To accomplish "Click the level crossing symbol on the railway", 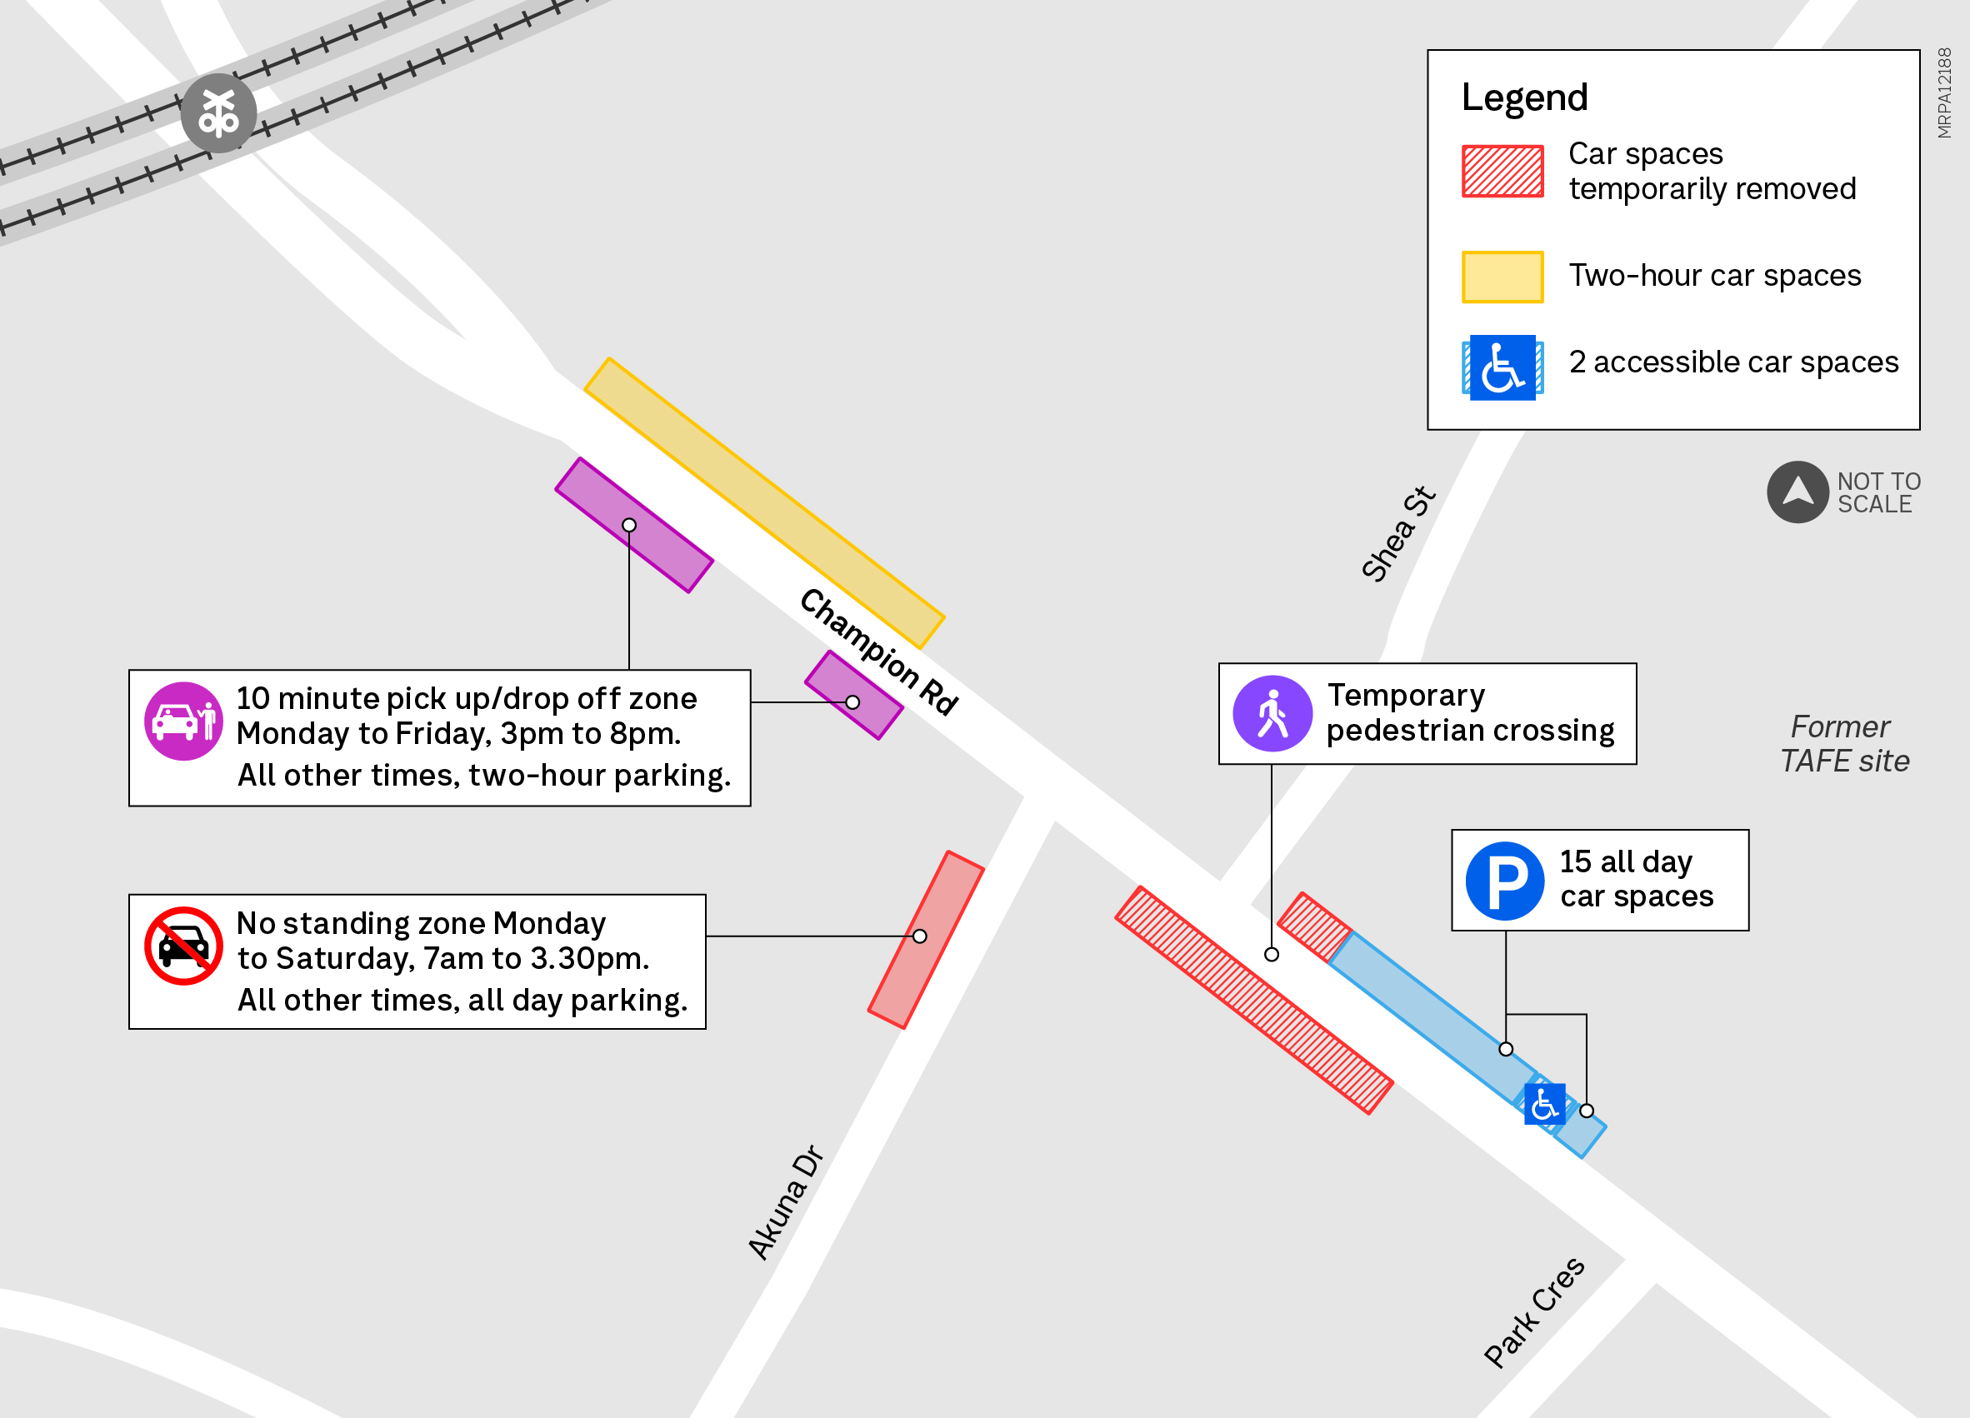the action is click(x=218, y=112).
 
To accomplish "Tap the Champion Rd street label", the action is click(x=878, y=652).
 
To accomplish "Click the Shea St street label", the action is click(x=1397, y=533).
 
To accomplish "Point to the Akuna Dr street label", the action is click(x=785, y=1201).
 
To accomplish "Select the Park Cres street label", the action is click(x=1534, y=1312).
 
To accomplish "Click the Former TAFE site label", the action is click(x=1844, y=743).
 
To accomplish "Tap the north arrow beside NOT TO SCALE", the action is click(x=1797, y=492).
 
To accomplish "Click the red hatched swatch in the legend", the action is click(x=1502, y=171).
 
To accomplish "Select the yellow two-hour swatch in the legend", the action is click(x=1502, y=277).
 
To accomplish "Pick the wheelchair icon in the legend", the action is click(x=1502, y=367).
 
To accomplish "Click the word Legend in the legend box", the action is click(x=1524, y=97).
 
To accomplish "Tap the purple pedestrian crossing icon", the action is click(x=1272, y=714).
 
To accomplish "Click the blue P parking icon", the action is click(x=1504, y=881).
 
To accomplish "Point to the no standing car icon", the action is click(x=183, y=946).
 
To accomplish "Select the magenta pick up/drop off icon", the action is click(x=183, y=721).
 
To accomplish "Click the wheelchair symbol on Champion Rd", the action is click(x=1544, y=1105).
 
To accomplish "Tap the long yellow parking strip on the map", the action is click(x=763, y=502).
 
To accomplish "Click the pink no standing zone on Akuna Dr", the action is click(x=926, y=940).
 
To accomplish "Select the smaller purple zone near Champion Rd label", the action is click(x=853, y=695).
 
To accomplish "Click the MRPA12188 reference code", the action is click(x=1944, y=93).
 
